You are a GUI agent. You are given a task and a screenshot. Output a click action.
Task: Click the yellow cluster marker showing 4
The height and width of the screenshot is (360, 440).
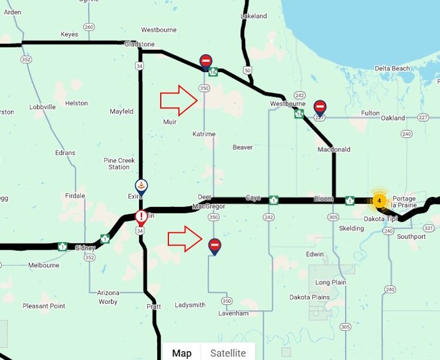click(379, 201)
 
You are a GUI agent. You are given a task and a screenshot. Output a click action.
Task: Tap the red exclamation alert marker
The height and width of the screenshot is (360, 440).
click(141, 218)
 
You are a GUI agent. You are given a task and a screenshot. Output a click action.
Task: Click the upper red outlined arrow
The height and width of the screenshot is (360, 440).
click(180, 100)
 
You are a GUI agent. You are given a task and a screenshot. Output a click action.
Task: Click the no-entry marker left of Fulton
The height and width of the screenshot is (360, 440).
click(320, 107)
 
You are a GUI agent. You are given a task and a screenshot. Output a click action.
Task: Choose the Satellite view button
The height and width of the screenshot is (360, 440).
click(228, 352)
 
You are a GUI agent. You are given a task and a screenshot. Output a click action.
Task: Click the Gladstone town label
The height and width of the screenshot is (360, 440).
click(140, 44)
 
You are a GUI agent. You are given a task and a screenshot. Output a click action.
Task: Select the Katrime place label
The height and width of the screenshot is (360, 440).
click(204, 134)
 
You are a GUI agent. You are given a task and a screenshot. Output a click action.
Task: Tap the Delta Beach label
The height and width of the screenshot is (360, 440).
click(392, 69)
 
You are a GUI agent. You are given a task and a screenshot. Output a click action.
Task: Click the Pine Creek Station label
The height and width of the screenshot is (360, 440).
click(119, 164)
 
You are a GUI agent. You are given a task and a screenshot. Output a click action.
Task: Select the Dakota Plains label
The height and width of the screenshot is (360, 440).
click(310, 297)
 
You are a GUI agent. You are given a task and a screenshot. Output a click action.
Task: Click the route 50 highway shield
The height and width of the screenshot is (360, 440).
click(248, 70)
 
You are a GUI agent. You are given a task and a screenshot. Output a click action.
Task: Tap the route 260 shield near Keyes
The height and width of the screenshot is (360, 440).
click(89, 27)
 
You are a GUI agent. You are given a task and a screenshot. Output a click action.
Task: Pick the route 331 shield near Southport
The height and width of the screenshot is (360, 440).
click(428, 228)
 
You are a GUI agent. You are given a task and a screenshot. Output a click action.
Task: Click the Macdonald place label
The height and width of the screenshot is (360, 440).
click(334, 150)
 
